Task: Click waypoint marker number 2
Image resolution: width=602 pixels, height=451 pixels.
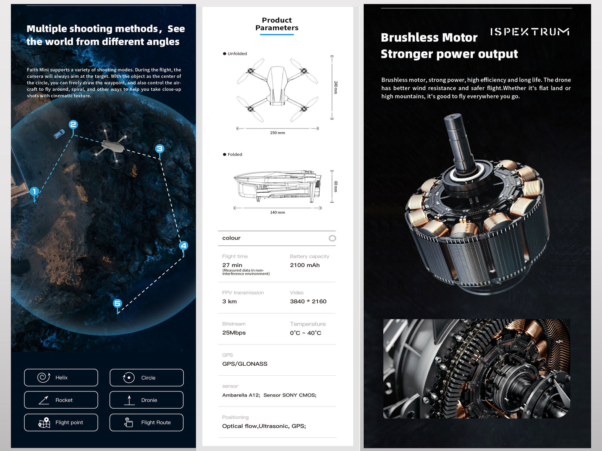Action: pyautogui.click(x=73, y=125)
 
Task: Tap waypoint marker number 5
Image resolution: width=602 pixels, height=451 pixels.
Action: pyautogui.click(x=117, y=304)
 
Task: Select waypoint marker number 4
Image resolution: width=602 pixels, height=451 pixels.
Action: pyautogui.click(x=183, y=245)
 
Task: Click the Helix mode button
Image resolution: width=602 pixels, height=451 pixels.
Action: pyautogui.click(x=61, y=378)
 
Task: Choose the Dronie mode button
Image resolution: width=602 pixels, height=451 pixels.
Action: pyautogui.click(x=147, y=400)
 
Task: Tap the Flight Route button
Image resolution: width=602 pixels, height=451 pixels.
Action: pyautogui.click(x=147, y=423)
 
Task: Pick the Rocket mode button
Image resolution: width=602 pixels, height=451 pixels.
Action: pyautogui.click(x=61, y=400)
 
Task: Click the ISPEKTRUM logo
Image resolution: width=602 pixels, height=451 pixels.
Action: pyautogui.click(x=530, y=32)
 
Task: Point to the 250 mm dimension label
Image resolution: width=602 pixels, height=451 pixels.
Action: pyautogui.click(x=277, y=133)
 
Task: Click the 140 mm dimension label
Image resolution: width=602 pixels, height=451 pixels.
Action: pyautogui.click(x=277, y=213)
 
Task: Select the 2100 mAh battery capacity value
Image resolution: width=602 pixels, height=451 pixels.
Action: pyautogui.click(x=305, y=265)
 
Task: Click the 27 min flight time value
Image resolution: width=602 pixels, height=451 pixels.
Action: pyautogui.click(x=232, y=265)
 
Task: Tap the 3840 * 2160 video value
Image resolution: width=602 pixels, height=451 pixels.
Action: pyautogui.click(x=308, y=302)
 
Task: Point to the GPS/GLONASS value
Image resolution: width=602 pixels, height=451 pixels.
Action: pyautogui.click(x=245, y=364)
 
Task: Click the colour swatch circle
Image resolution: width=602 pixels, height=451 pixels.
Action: pyautogui.click(x=332, y=238)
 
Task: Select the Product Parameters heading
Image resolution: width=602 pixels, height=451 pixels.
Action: pyautogui.click(x=277, y=24)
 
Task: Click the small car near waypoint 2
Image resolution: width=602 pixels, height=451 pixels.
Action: pyautogui.click(x=59, y=134)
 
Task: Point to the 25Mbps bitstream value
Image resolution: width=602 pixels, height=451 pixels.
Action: pyautogui.click(x=234, y=333)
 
